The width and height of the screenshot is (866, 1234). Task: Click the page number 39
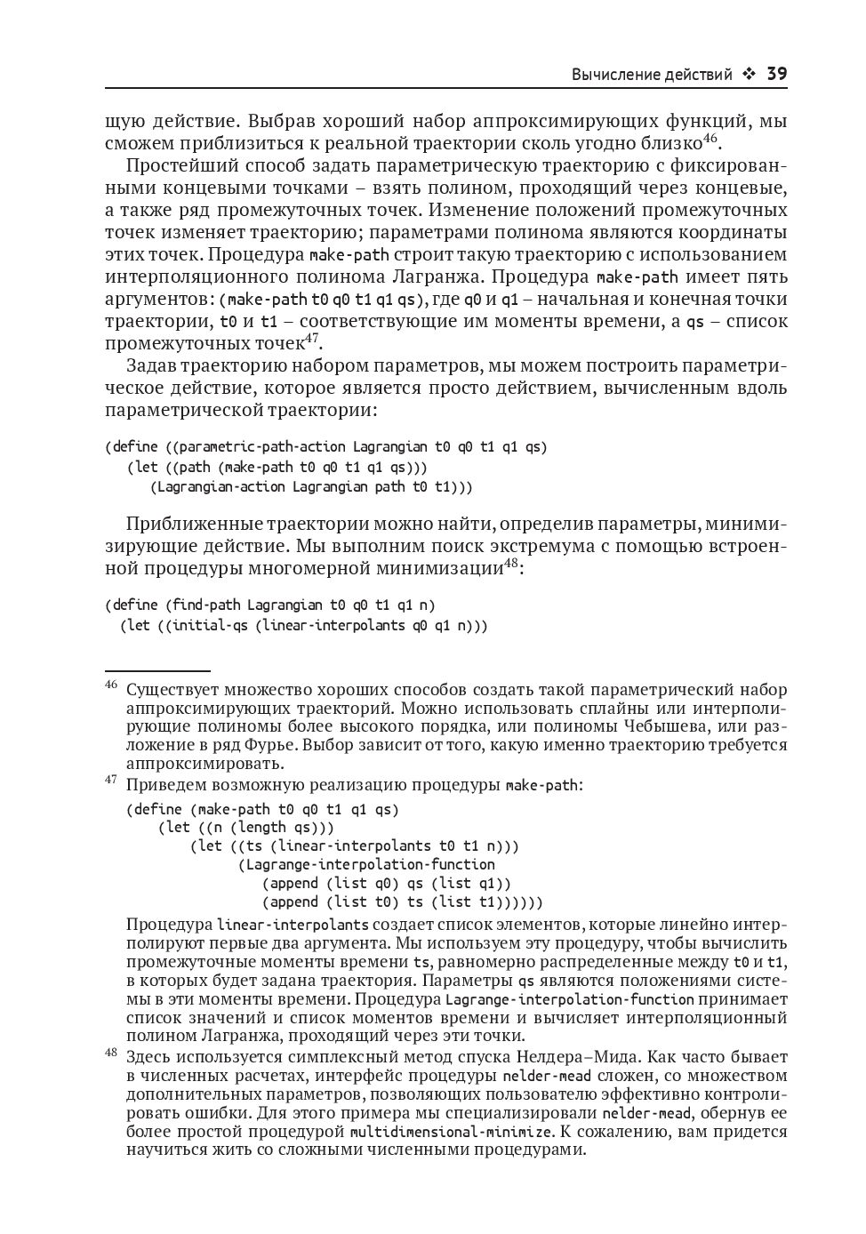click(x=776, y=74)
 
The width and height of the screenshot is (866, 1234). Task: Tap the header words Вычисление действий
click(x=652, y=75)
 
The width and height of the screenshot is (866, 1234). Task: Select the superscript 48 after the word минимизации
click(x=511, y=562)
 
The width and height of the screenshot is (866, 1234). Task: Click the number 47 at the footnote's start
click(x=111, y=780)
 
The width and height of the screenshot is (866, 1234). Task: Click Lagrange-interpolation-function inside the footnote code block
click(x=370, y=864)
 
